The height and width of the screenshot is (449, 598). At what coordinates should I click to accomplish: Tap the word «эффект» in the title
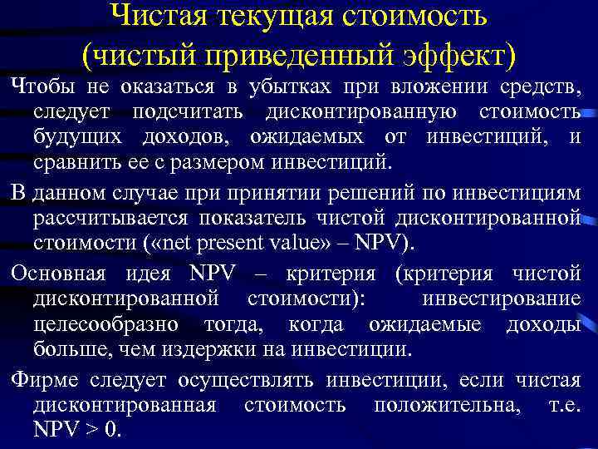click(459, 55)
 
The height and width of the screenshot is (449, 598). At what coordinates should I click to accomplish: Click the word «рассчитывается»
click(110, 218)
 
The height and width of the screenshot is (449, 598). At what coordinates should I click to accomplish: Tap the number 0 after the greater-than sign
click(113, 431)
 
